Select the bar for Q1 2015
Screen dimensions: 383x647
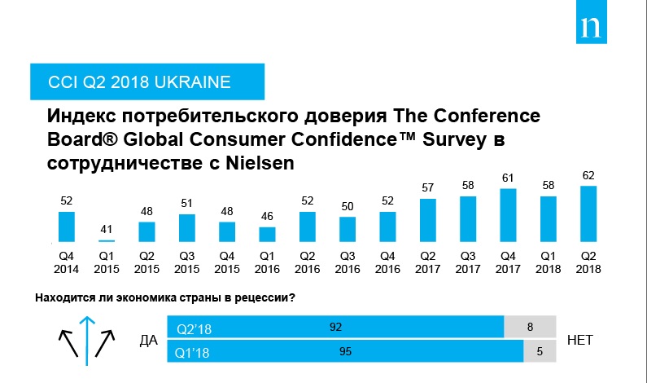point(107,240)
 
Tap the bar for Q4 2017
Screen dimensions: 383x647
point(507,215)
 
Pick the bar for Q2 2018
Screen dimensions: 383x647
point(588,214)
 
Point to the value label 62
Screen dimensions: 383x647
point(588,174)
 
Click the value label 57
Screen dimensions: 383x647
point(427,187)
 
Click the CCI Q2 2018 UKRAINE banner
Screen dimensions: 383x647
point(129,82)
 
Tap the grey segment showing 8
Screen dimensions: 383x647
point(531,328)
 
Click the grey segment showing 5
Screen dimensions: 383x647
point(540,352)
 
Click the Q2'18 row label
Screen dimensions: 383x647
point(195,329)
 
